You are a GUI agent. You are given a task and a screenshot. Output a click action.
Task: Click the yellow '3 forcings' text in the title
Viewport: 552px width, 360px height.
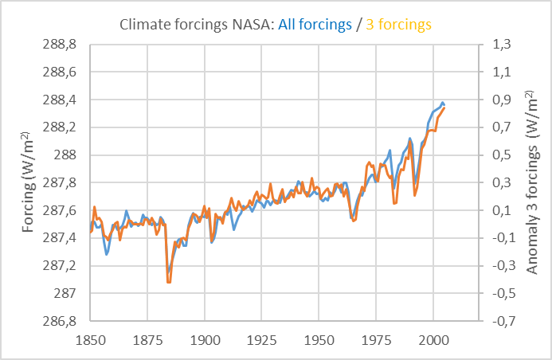click(x=398, y=25)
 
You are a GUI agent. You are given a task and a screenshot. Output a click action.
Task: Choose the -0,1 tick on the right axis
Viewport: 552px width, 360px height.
click(x=499, y=238)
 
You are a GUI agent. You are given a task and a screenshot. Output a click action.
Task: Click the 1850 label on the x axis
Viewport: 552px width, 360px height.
click(x=90, y=338)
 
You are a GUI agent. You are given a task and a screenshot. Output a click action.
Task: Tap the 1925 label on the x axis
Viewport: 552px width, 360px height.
click(x=262, y=338)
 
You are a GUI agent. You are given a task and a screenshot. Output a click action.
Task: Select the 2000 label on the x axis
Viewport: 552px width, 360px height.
click(x=433, y=338)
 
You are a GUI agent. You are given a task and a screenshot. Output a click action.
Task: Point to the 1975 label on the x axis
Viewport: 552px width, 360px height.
click(x=376, y=338)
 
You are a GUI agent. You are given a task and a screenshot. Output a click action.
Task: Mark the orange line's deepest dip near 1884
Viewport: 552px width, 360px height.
click(x=168, y=282)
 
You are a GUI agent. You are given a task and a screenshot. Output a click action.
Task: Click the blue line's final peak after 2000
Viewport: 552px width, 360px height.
click(x=442, y=102)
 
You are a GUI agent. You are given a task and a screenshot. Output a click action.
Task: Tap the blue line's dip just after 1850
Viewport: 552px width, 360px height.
click(x=107, y=254)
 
